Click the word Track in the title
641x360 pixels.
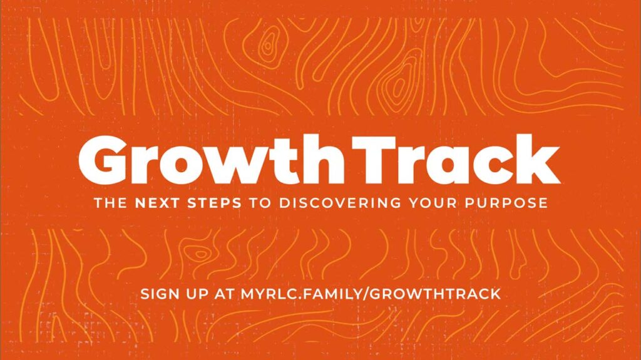click(456, 159)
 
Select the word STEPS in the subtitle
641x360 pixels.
click(215, 203)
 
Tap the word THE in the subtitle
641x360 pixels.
click(110, 203)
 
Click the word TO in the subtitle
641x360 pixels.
click(260, 203)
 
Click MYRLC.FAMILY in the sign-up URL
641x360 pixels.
click(300, 294)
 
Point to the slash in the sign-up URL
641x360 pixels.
click(365, 294)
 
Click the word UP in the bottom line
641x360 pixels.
click(199, 294)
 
